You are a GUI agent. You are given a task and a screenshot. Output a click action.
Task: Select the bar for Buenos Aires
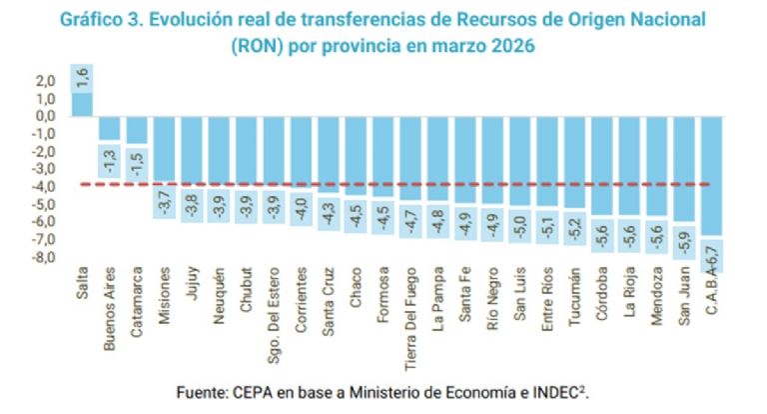point(109,128)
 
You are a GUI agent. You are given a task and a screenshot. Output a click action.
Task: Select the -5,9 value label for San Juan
point(684,241)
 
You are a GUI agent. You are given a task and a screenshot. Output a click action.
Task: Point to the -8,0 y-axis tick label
point(44,257)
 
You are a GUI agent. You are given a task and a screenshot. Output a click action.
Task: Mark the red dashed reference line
point(399,184)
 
